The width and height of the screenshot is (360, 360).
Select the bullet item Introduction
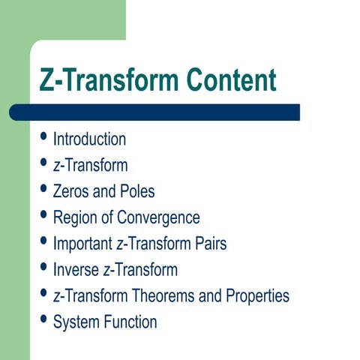(x=89, y=139)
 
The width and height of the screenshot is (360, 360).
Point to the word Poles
(x=136, y=191)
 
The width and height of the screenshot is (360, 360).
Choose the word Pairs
(x=208, y=244)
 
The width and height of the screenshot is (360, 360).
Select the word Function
(x=130, y=322)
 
